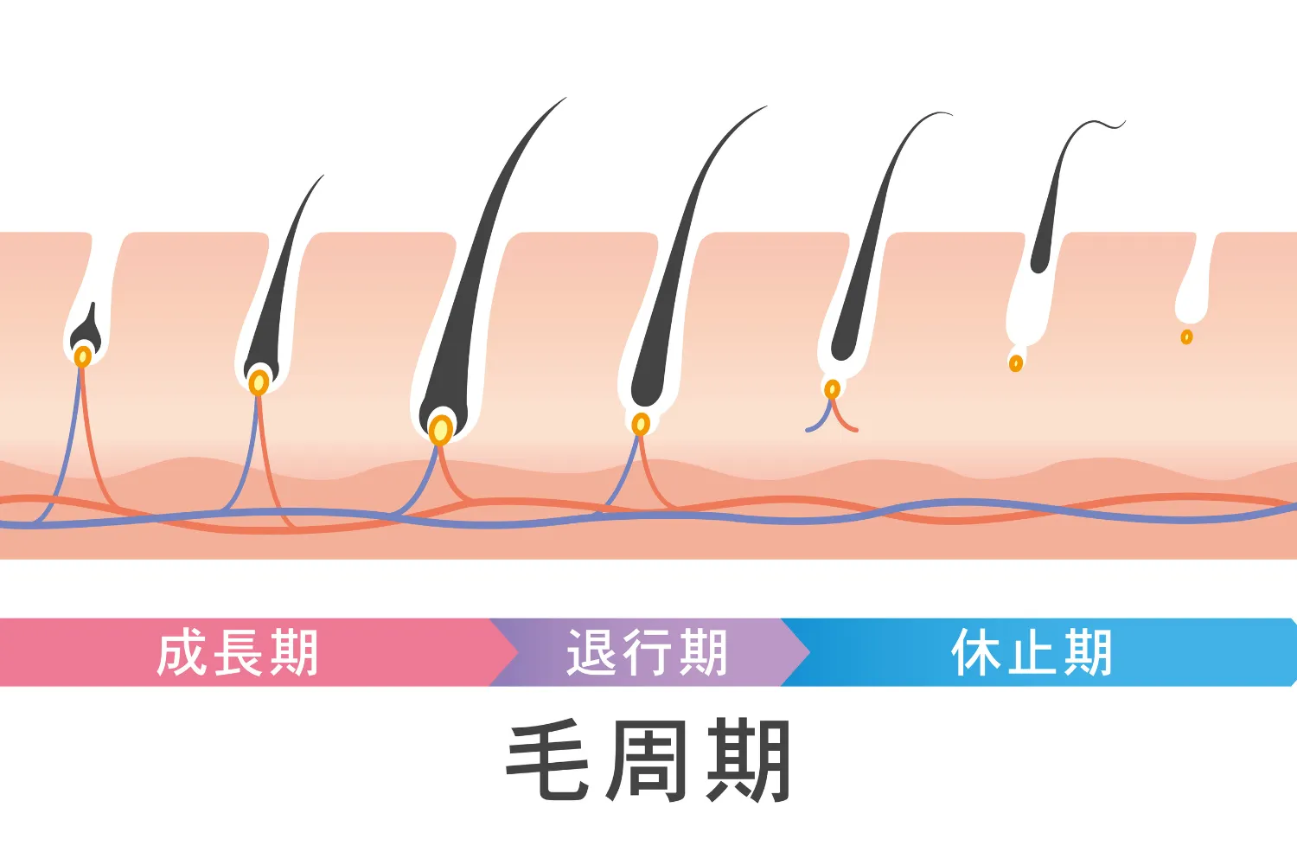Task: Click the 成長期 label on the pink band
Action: [238, 653]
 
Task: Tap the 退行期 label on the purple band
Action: [647, 653]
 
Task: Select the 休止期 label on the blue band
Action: [1032, 653]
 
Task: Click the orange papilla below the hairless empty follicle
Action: [1186, 336]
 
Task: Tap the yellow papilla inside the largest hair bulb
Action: [441, 429]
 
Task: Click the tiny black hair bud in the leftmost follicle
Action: [86, 327]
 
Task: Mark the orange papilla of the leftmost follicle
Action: [83, 356]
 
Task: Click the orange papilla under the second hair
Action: [259, 381]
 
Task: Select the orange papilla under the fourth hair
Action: [641, 424]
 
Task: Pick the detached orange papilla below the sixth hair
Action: [1016, 362]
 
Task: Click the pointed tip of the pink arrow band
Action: [517, 652]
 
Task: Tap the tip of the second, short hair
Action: [323, 176]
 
